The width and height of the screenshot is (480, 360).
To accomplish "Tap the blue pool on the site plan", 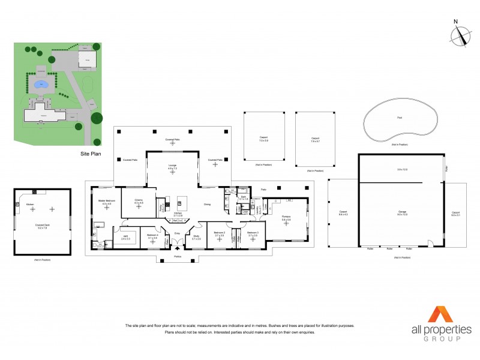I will click(41, 85).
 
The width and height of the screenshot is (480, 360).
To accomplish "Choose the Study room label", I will click(196, 237).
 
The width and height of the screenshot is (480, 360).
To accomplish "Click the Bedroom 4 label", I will click(152, 237).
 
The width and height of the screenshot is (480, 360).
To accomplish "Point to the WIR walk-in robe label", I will click(127, 237).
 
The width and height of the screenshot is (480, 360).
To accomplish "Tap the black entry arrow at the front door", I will click(177, 247).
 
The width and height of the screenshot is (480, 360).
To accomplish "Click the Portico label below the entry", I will click(177, 256).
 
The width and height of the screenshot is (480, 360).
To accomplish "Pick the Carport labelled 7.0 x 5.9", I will click(263, 137).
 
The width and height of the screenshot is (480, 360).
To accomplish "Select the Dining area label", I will click(207, 204).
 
